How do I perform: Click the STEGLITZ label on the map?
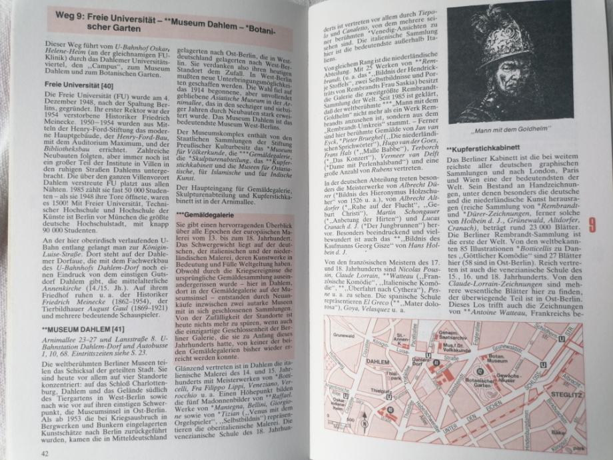(x=563, y=395)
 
